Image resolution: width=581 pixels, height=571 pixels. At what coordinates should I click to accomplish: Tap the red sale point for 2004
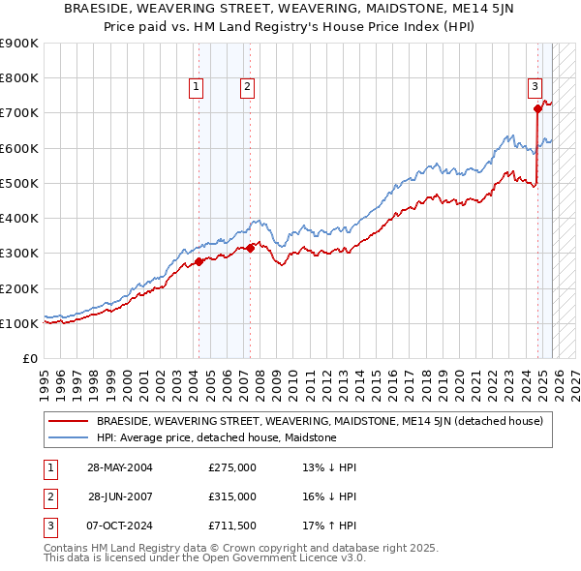(x=199, y=261)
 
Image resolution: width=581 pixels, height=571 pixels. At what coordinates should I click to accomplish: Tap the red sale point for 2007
(x=250, y=248)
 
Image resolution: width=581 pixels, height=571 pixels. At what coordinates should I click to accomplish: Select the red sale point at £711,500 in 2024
(x=537, y=109)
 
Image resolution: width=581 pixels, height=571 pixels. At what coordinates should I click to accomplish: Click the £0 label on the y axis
(x=29, y=358)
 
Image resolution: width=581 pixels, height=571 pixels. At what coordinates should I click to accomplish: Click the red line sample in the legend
(x=69, y=421)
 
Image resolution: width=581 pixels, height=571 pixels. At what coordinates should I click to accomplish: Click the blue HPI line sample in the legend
(x=69, y=437)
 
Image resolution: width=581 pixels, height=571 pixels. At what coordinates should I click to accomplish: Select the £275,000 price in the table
(x=232, y=467)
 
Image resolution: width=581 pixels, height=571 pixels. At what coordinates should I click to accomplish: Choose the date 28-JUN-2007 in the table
(x=120, y=496)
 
